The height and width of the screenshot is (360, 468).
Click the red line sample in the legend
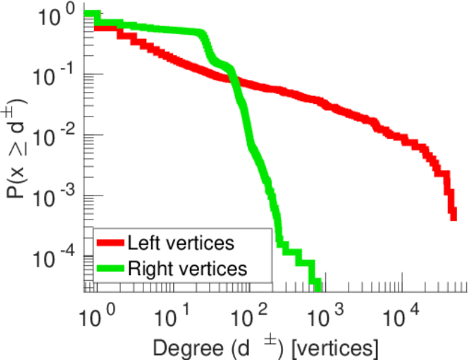pyautogui.click(x=111, y=243)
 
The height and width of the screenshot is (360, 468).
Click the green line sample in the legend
pyautogui.click(x=111, y=268)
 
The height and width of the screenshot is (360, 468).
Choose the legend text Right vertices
pyautogui.click(x=187, y=268)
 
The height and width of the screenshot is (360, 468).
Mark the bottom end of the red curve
pyautogui.click(x=452, y=215)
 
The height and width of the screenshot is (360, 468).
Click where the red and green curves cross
pyautogui.click(x=230, y=77)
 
